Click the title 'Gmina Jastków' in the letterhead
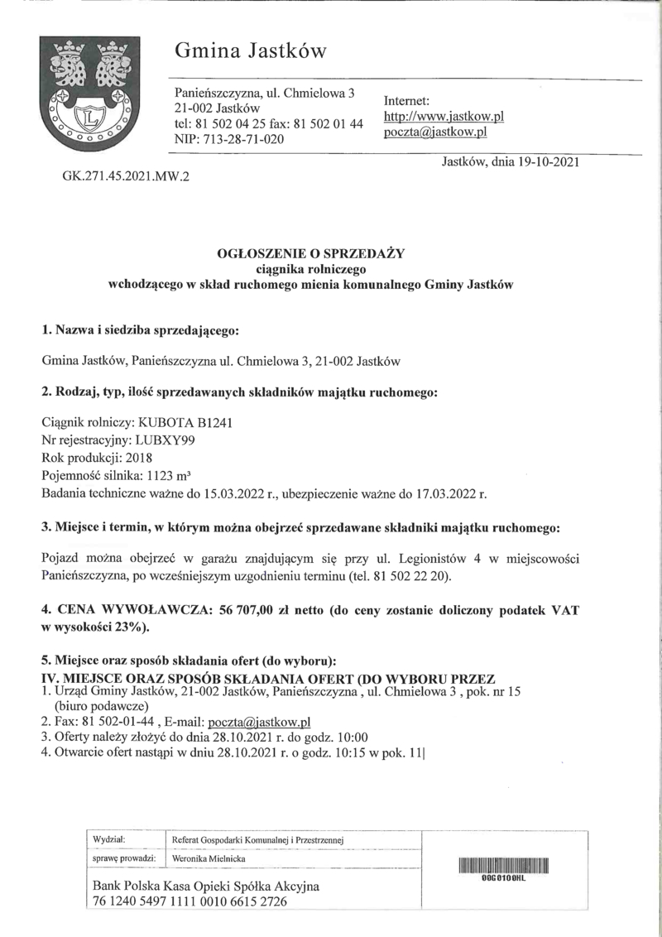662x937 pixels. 251,52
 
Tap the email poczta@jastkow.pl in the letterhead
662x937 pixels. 434,132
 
